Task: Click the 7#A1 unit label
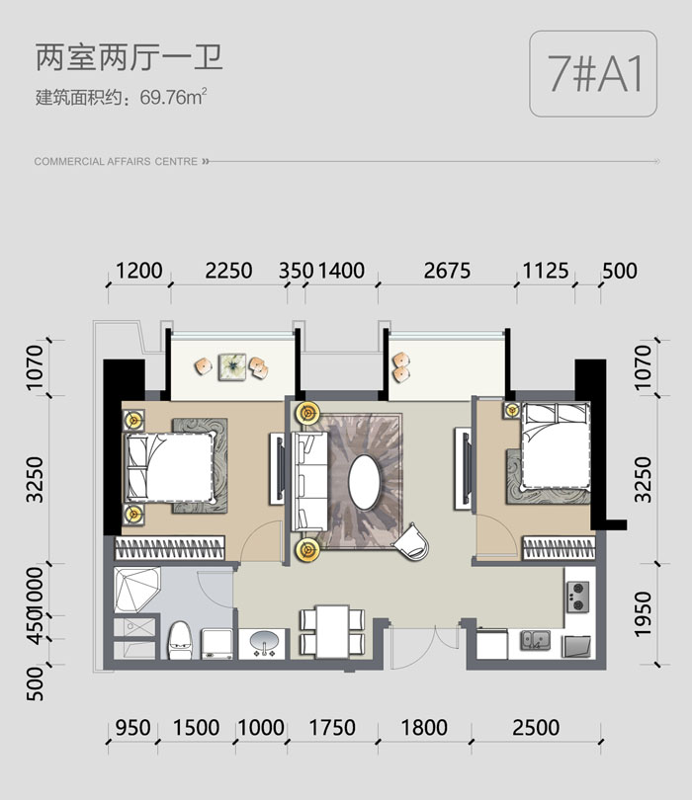click(594, 73)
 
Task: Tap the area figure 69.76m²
click(173, 96)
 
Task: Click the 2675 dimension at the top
click(447, 271)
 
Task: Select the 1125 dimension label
click(546, 271)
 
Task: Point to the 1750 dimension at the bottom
click(332, 728)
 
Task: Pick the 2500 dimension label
click(536, 728)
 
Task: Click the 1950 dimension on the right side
click(644, 614)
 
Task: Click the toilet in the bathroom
click(180, 640)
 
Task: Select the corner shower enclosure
click(135, 589)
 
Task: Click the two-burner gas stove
click(577, 598)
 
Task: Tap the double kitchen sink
click(535, 640)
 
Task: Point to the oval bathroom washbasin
click(264, 641)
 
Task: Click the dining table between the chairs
click(332, 632)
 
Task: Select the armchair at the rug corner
click(411, 541)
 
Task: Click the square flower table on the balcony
click(232, 366)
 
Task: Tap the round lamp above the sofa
click(307, 413)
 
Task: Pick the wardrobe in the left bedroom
click(170, 548)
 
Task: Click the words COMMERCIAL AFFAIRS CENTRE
click(116, 162)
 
